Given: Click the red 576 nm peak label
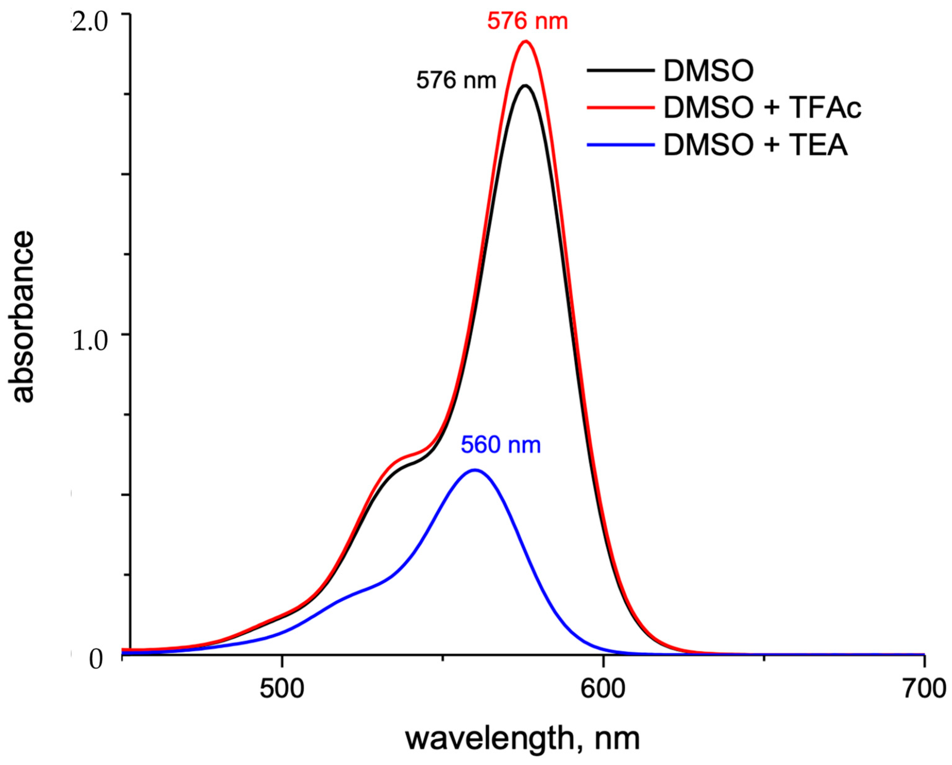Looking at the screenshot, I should (x=527, y=21).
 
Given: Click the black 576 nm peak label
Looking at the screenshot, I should (x=456, y=81).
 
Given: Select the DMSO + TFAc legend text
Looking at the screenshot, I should (x=763, y=108).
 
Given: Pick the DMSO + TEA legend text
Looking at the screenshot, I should (x=755, y=145).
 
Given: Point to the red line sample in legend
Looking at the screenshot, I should (x=620, y=107).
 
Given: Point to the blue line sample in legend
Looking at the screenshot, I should (x=620, y=145).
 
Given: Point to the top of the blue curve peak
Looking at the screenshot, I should (x=475, y=470).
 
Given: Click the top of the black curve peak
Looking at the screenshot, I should (x=525, y=86).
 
